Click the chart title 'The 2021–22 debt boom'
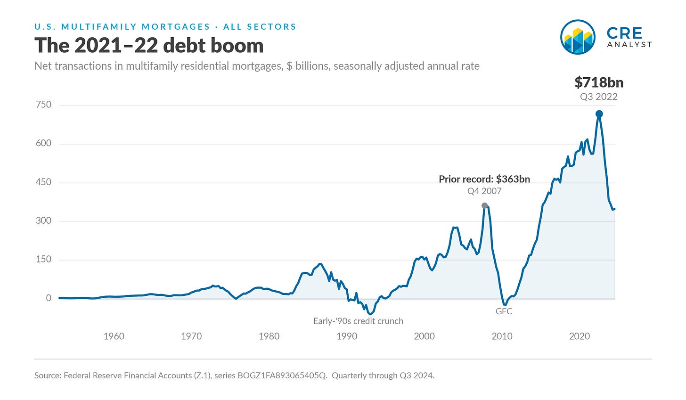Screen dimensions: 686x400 click(x=149, y=45)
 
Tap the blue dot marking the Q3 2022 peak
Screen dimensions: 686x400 click(x=599, y=114)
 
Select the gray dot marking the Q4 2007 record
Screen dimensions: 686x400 click(x=484, y=205)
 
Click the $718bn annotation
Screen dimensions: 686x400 click(x=599, y=82)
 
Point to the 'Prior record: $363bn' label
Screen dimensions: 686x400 click(x=484, y=179)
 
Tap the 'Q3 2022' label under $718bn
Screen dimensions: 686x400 click(x=599, y=97)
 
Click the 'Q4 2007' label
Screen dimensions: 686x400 click(x=484, y=191)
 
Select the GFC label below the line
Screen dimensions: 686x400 click(x=504, y=311)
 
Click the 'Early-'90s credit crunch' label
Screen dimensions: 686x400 click(x=358, y=321)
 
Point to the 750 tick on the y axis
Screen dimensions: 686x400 click(x=43, y=105)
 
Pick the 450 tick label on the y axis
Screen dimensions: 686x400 click(x=43, y=182)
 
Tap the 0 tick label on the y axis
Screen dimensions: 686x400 click(x=49, y=298)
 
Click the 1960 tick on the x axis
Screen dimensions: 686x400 click(x=114, y=336)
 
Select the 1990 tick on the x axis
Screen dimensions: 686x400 click(x=347, y=336)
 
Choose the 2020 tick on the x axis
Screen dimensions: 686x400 click(x=580, y=336)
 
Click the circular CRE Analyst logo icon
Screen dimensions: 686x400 click(x=578, y=37)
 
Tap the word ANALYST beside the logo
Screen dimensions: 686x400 click(x=629, y=45)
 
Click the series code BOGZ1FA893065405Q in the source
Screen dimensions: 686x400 click(x=282, y=376)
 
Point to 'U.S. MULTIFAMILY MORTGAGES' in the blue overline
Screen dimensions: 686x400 click(x=122, y=27)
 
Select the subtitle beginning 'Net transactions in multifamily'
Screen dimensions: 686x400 click(x=257, y=66)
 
